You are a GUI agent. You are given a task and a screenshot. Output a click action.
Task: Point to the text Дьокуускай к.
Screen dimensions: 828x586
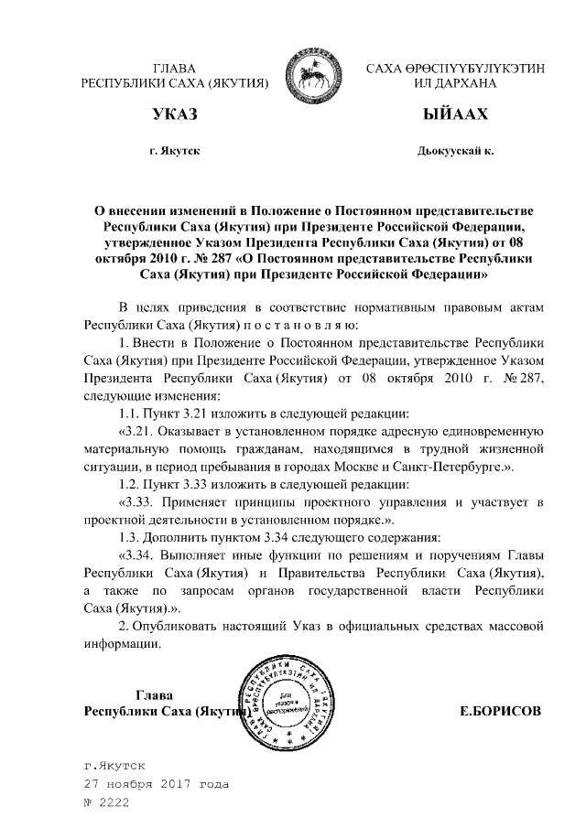[455, 149]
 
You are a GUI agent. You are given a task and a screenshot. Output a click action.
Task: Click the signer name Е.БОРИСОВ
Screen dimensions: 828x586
[501, 711]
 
